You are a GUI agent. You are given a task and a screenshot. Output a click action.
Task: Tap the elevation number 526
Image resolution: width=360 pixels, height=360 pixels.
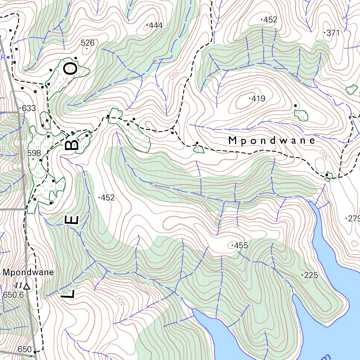pos(88,43)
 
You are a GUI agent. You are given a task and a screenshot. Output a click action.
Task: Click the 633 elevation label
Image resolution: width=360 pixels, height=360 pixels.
pos(28,108)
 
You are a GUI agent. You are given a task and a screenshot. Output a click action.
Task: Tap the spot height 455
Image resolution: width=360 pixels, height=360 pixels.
pos(240,245)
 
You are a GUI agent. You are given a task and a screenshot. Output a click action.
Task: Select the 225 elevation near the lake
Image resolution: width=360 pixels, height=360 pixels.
pos(310,275)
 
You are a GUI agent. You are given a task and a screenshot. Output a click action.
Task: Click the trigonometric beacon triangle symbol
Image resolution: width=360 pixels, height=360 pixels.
pos(27,287)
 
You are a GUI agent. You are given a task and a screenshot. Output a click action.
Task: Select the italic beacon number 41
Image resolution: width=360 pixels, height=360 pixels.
pos(18,285)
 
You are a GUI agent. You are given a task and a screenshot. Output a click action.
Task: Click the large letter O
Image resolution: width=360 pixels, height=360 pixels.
pos(70,68)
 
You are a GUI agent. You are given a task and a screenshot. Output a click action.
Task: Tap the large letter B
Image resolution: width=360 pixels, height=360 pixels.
pos(72,144)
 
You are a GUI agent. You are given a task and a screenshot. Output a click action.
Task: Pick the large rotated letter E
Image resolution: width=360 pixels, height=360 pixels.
pos(72,220)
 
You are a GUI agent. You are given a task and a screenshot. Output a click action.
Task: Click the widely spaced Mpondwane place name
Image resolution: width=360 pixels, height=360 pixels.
pos(271,141)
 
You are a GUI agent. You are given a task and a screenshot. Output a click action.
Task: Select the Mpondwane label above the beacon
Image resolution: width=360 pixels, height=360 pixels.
pos(28,272)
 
